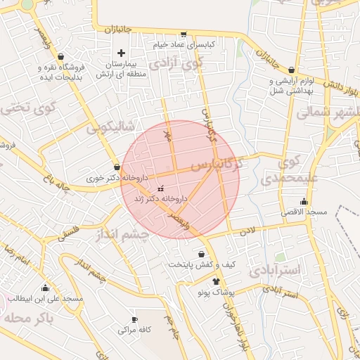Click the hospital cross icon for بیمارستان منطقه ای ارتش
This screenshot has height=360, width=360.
pyautogui.click(x=121, y=53)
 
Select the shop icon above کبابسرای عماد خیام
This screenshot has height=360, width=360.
pyautogui.click(x=184, y=33)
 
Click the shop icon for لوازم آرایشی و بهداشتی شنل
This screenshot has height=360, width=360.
pyautogui.click(x=292, y=70)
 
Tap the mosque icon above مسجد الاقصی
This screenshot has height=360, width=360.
pyautogui.click(x=304, y=202)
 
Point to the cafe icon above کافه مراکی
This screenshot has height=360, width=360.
pyautogui.click(x=134, y=319)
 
